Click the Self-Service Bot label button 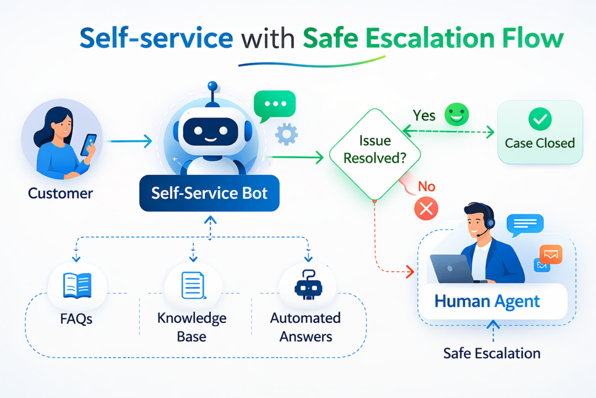click(x=210, y=193)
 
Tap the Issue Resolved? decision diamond click(x=375, y=150)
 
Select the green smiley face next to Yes click(x=456, y=115)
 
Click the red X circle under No click(x=426, y=209)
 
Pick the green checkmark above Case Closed click(x=540, y=120)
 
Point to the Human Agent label click(x=487, y=301)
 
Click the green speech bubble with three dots click(x=275, y=104)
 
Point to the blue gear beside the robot click(x=286, y=135)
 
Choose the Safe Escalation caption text click(x=491, y=353)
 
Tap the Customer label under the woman click(x=60, y=193)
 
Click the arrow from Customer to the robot click(x=129, y=140)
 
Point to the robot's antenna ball click(x=212, y=86)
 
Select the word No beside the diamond click(x=427, y=186)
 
